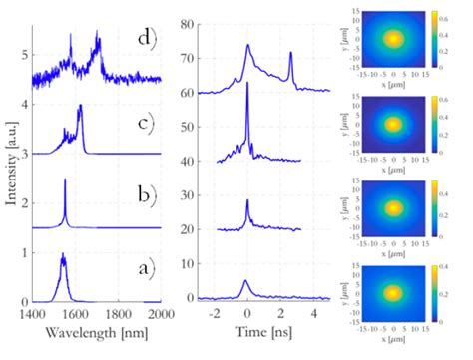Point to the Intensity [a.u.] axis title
pyautogui.click(x=11, y=161)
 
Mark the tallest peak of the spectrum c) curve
pyautogui.click(x=79, y=107)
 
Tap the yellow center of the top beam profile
pyautogui.click(x=394, y=38)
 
